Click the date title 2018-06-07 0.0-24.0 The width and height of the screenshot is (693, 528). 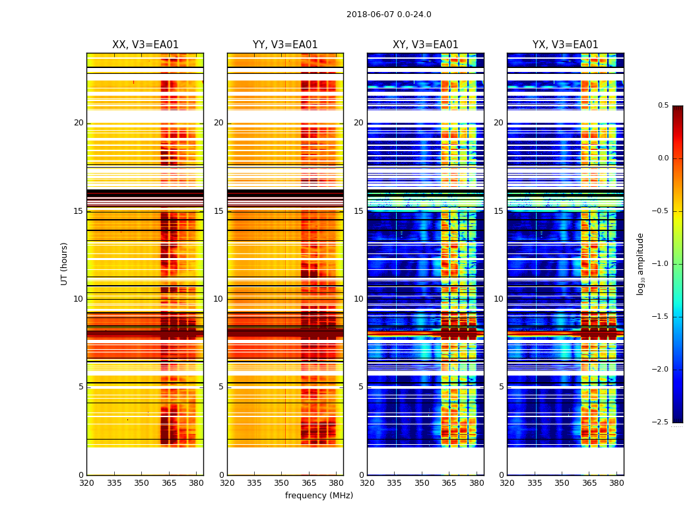(x=389, y=15)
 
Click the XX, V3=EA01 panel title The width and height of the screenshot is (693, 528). (x=145, y=45)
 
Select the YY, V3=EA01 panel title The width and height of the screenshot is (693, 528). (x=285, y=45)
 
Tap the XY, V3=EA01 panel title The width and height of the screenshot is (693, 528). (x=425, y=45)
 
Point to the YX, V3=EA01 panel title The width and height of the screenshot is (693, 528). (x=565, y=45)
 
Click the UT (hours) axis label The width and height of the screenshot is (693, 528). (x=64, y=263)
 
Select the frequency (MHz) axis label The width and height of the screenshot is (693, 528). (x=319, y=496)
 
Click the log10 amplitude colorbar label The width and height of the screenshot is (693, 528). (x=640, y=263)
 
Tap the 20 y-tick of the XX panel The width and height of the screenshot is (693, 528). (x=79, y=123)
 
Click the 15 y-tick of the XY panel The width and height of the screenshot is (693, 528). (x=358, y=211)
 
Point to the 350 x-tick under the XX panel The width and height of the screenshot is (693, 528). (x=141, y=482)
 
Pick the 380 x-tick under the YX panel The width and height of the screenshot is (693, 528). (x=617, y=482)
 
